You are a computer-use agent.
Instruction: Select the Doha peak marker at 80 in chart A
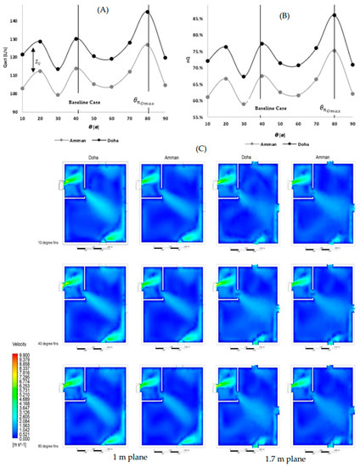point(148,12)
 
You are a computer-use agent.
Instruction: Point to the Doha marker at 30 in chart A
point(58,70)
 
